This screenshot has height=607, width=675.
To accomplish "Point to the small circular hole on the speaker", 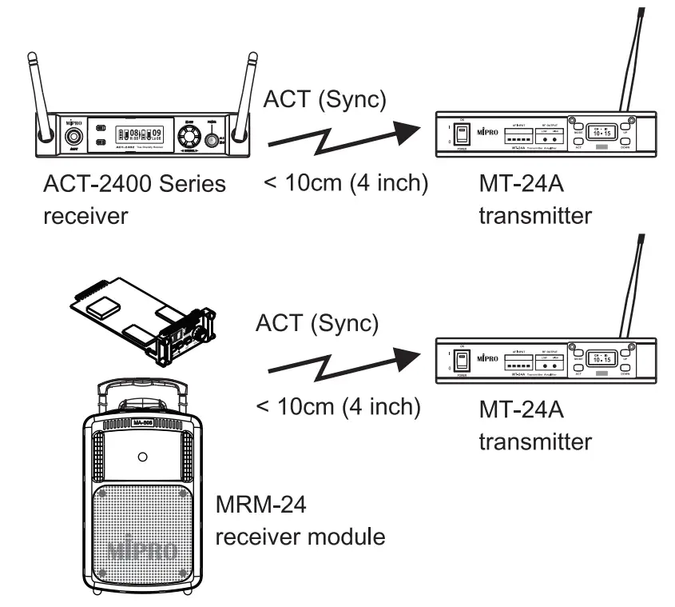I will [141, 458].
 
